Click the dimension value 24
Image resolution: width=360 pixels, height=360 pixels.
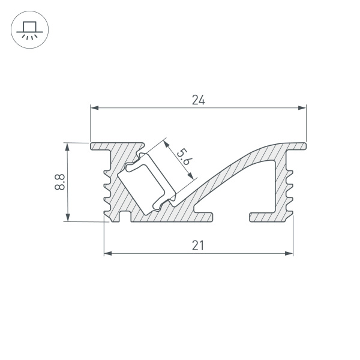point(199,100)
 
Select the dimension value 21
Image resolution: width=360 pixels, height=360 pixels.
point(199,245)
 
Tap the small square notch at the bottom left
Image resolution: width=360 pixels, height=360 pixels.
point(125,217)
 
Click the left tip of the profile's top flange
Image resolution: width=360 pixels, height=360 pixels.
point(92,146)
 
